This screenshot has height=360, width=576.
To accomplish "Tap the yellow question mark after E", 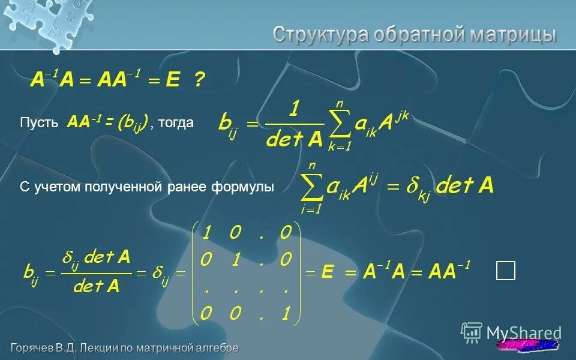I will coord(199,80).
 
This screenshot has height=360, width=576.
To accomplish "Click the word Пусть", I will coord(39,124).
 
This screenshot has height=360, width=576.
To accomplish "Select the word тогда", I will coord(177,123).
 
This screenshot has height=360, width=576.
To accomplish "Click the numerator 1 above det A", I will coord(294,110).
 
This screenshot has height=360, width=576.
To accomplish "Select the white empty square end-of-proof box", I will coord(505,271).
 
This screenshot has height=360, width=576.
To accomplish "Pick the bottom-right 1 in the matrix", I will coord(286,313).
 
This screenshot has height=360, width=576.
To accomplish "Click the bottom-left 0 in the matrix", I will coord(206,313).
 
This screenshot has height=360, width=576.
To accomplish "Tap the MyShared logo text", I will coord(524,333).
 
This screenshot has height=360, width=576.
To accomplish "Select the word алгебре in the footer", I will coord(217,347).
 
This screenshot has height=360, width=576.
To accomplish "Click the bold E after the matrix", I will coord(327,272).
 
